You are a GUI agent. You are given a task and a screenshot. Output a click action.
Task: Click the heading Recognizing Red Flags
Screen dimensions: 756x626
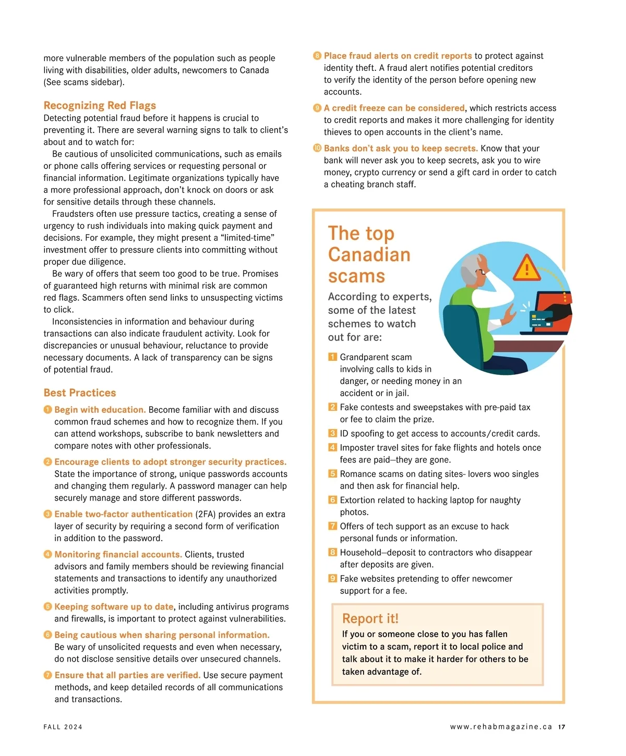point(100,106)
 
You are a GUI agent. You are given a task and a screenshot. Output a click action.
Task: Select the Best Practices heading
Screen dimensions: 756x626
point(80,393)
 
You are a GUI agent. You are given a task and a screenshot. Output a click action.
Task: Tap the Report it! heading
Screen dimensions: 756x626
point(370,619)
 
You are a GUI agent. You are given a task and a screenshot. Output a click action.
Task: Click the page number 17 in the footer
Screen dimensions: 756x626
point(561,727)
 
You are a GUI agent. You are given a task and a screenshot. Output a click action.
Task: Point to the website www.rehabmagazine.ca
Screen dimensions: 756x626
point(501,727)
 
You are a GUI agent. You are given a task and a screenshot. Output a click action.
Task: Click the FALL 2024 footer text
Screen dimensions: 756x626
point(63,727)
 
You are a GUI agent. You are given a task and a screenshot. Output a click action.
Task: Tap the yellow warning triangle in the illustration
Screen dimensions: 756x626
point(527,269)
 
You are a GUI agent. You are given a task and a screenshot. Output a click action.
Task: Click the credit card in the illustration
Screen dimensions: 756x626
point(541,319)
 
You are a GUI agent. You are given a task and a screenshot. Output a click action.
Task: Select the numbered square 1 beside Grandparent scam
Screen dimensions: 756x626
point(332,357)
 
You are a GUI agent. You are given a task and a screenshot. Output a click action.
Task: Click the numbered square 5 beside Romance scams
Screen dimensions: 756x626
point(332,474)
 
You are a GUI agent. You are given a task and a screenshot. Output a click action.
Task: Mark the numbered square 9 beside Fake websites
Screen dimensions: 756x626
point(332,579)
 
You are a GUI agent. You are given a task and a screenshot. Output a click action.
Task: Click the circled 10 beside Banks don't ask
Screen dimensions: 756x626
point(317,148)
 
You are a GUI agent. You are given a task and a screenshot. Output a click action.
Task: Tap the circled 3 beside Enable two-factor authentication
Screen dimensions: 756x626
point(48,514)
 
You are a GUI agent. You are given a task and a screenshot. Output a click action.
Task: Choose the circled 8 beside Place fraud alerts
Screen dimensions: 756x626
point(317,56)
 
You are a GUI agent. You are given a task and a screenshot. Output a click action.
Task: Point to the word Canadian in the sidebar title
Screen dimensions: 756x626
point(369,255)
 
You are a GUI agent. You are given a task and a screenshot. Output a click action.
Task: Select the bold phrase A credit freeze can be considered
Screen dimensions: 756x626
point(394,108)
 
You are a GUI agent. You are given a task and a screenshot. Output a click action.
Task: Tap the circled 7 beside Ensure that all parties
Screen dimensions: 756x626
point(48,675)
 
